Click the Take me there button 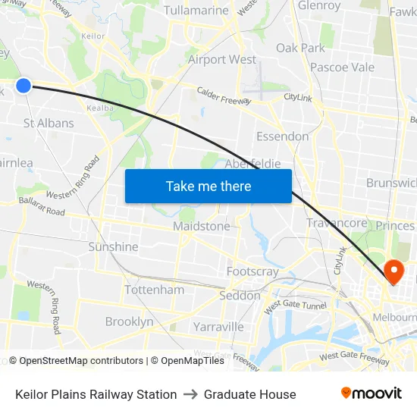point(208,186)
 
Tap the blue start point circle point(24,86)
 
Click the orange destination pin point(394,271)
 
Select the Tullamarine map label point(196,11)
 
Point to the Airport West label point(222,59)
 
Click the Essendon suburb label point(282,136)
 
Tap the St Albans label point(49,123)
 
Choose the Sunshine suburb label point(113,246)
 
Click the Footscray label point(252,271)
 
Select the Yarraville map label point(218,327)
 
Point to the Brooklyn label point(129,321)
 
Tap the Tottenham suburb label point(154,290)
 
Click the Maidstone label point(201,226)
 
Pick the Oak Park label point(300,48)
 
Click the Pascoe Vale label point(342,67)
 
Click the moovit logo point(371,393)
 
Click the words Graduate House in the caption point(249,394)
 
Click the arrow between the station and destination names point(190,394)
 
